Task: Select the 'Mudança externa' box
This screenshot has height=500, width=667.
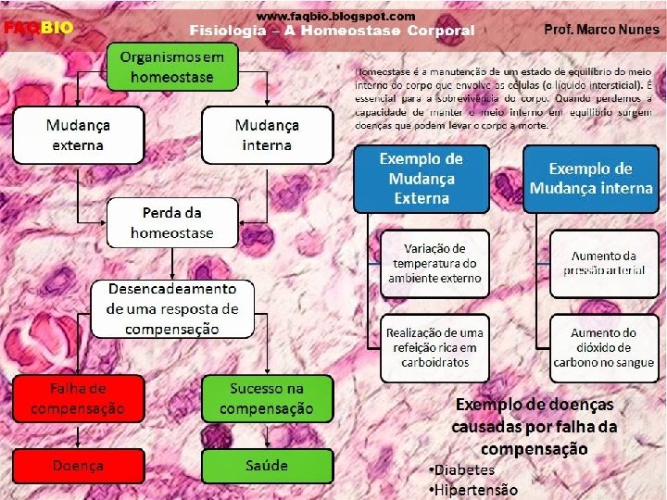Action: (79, 134)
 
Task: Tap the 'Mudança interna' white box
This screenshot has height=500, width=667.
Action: (267, 134)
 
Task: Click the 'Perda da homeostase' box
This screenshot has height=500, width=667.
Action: (172, 222)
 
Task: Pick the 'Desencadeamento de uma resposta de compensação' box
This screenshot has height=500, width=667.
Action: (172, 309)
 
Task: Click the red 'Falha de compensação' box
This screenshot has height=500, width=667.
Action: (79, 398)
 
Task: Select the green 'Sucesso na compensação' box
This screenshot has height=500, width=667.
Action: (267, 398)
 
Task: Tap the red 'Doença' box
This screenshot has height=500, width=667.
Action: (79, 465)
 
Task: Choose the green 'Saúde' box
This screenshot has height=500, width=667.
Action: (267, 465)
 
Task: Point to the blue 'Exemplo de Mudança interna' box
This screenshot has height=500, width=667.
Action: (591, 179)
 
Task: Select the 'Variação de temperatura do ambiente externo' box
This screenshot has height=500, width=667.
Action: (434, 263)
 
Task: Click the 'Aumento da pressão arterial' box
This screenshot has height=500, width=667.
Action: (603, 263)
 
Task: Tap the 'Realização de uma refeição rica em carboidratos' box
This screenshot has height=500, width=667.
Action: (434, 346)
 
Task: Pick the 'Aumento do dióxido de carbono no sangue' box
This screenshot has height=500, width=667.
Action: (603, 346)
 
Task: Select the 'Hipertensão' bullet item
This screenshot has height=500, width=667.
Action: (472, 490)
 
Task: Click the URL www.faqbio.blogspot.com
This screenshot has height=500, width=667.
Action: (335, 16)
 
